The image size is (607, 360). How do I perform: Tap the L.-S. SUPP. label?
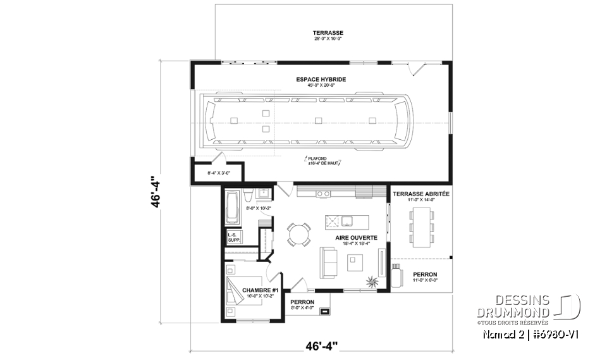click(x=233, y=239)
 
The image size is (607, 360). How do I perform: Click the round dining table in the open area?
click(x=298, y=234)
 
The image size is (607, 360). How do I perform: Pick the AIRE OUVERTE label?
click(x=357, y=238)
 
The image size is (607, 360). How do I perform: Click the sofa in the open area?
click(x=329, y=262)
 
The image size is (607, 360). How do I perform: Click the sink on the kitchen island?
click(x=347, y=221)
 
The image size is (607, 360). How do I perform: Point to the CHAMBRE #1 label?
click(x=261, y=290)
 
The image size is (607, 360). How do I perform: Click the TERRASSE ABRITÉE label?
click(x=421, y=194)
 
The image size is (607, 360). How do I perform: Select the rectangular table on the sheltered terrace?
click(x=421, y=226)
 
